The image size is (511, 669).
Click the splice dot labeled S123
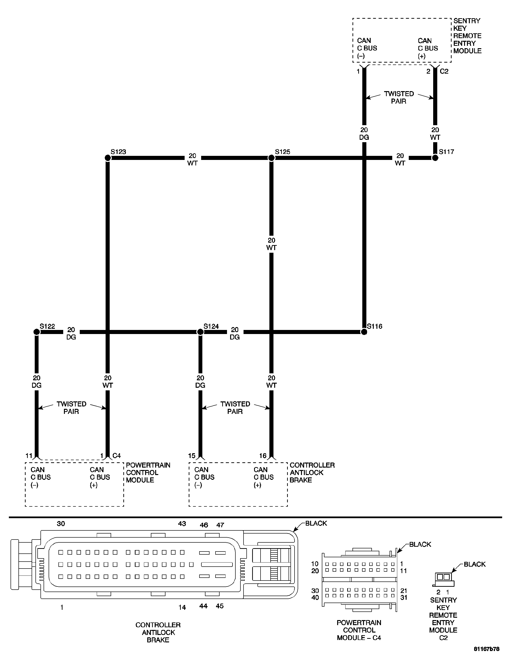click(108, 158)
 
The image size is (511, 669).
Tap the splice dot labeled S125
click(271, 158)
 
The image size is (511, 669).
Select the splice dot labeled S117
click(435, 158)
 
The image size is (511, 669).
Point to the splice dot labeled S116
click(364, 332)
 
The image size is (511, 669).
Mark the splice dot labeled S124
click(200, 332)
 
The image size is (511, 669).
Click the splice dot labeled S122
click(36, 332)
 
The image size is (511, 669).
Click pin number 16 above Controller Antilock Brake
click(263, 456)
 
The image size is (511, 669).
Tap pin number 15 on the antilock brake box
click(192, 456)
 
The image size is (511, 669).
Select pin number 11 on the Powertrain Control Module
click(29, 456)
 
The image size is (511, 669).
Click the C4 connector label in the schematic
click(117, 456)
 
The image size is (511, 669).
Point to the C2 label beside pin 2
click(444, 71)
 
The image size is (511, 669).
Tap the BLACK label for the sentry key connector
click(475, 564)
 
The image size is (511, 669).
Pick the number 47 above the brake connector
click(220, 525)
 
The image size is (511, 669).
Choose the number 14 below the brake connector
click(182, 607)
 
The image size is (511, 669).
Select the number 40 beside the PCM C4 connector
click(315, 598)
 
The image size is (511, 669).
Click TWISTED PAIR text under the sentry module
click(399, 97)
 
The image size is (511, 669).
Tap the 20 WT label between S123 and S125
click(192, 159)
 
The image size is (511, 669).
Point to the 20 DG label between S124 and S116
click(234, 333)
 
